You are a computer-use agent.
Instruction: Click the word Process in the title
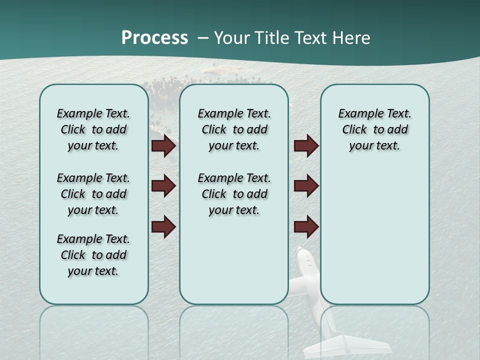click(154, 38)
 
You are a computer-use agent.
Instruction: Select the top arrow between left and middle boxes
click(163, 146)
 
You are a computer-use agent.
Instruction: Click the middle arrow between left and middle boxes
click(163, 186)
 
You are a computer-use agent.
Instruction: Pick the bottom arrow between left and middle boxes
click(163, 226)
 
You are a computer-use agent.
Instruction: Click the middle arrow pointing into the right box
click(306, 186)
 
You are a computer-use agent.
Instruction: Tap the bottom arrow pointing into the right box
click(306, 226)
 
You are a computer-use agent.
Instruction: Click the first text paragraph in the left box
click(93, 129)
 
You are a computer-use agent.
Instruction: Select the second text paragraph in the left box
click(93, 194)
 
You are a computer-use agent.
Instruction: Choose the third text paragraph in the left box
click(93, 255)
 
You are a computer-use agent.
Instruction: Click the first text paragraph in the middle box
click(234, 129)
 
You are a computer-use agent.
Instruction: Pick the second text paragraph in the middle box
click(234, 194)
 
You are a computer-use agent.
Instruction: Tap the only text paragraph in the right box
click(375, 129)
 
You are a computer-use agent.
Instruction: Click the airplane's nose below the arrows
click(303, 255)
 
